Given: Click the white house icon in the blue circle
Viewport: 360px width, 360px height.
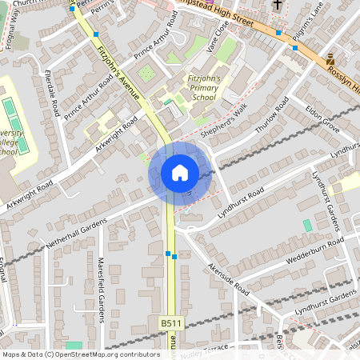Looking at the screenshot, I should (180, 172).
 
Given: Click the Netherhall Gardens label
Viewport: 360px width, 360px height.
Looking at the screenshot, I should (76, 232).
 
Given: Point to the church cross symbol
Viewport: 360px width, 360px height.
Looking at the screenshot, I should (278, 6).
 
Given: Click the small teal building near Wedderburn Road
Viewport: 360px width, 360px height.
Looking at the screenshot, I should (308, 226).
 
